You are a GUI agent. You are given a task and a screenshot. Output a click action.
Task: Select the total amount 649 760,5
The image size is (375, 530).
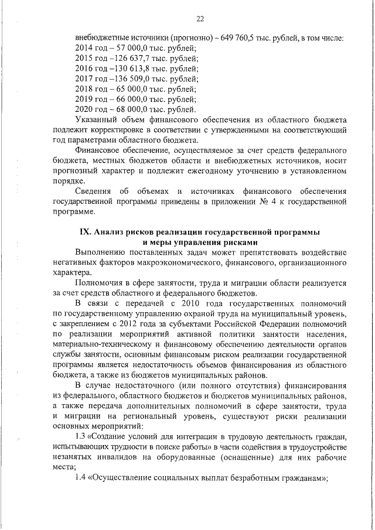point(242,37)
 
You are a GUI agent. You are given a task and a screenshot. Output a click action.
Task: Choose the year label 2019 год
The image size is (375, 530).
point(91,99)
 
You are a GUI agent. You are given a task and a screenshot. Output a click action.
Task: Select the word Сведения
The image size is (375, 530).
point(96,191)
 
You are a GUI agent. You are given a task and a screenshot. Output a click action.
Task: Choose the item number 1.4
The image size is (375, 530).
point(81,477)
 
